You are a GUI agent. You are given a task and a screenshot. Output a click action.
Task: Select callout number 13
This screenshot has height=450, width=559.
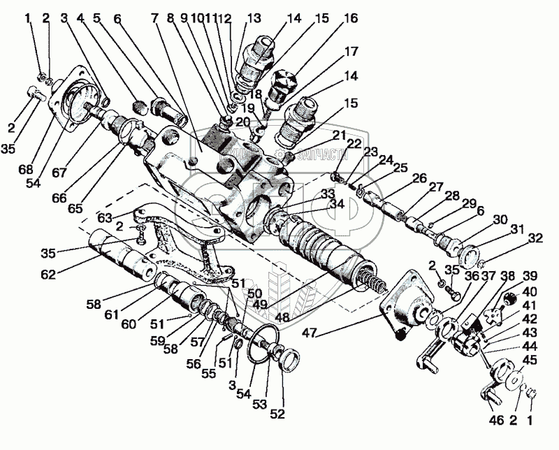253,18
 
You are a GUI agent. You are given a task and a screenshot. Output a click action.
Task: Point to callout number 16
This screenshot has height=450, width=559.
351,17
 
